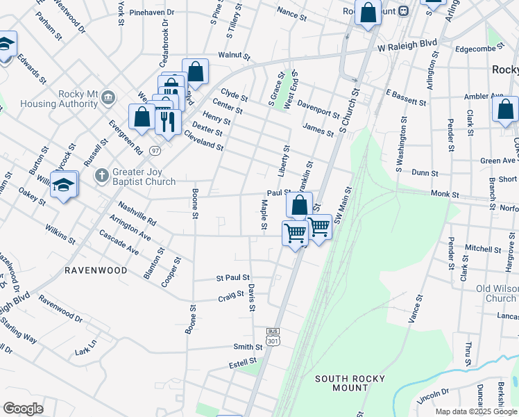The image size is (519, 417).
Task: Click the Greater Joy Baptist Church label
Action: (145, 177)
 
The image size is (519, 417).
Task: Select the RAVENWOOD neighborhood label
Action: (96, 270)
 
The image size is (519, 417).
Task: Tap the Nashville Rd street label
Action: (137, 211)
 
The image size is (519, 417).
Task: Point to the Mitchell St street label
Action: (478, 247)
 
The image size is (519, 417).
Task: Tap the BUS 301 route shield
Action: (273, 336)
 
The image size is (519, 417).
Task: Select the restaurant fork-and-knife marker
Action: (167, 122)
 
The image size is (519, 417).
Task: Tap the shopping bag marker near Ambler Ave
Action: (505, 110)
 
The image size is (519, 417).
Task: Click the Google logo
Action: (24, 409)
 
